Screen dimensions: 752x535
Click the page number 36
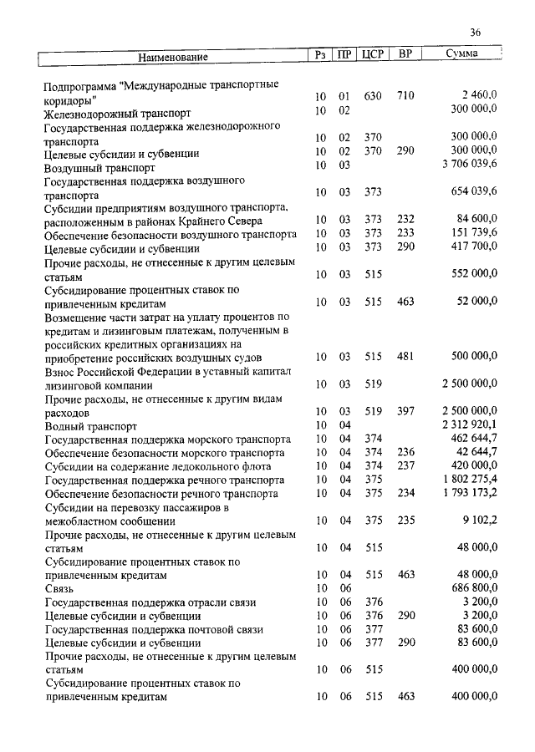tap(475, 33)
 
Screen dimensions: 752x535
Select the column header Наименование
tap(173, 57)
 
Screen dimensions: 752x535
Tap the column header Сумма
tap(461, 55)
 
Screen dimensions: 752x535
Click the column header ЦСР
tap(373, 55)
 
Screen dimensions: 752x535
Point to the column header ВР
tap(405, 55)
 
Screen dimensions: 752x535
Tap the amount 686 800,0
tap(475, 588)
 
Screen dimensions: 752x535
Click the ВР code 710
tap(405, 96)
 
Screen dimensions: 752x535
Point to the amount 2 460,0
tap(479, 96)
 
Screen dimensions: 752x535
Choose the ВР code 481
tap(405, 357)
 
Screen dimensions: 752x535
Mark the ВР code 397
tap(405, 411)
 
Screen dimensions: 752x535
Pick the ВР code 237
tap(405, 465)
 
